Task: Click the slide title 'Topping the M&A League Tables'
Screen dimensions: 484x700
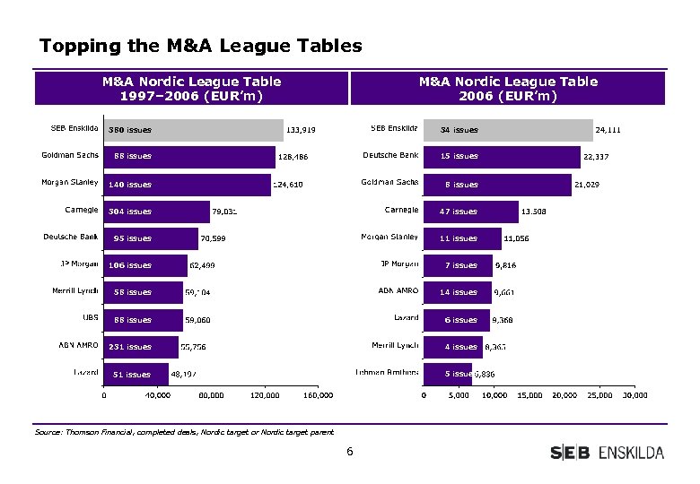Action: tap(201, 45)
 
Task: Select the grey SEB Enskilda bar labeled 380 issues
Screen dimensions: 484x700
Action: tap(193, 130)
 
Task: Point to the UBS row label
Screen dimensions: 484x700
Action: tap(90, 317)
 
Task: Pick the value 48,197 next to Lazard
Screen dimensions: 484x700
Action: tap(189, 374)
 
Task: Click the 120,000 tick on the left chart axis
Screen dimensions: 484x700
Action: tap(265, 395)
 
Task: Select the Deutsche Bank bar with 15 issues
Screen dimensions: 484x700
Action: tap(501, 156)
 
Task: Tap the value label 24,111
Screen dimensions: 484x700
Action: tap(608, 130)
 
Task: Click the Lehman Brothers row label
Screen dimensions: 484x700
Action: tap(387, 371)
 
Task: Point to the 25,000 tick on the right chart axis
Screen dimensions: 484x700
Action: tap(599, 395)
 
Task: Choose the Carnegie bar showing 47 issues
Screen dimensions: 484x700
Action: tap(470, 212)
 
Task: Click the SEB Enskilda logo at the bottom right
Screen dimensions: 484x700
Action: tap(607, 453)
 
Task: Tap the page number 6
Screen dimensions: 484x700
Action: tap(350, 452)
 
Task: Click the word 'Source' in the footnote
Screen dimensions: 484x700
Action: tap(48, 432)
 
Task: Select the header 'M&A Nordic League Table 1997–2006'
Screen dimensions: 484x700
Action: tap(192, 89)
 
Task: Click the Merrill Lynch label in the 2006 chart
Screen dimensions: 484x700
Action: tap(395, 344)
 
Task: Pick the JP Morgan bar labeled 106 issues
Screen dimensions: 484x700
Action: tap(145, 265)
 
